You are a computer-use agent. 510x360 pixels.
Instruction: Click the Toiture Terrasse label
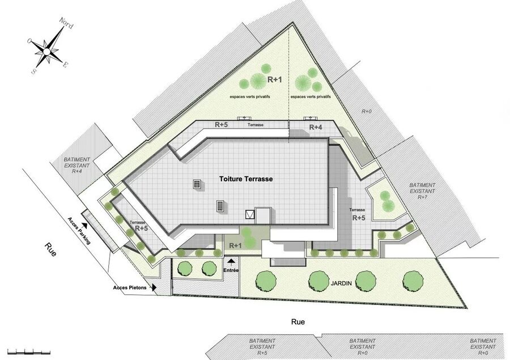[246, 179]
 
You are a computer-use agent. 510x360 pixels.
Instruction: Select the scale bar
[29, 351]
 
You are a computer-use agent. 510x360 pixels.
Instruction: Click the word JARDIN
[341, 283]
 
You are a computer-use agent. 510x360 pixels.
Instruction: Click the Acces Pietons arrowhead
[154, 288]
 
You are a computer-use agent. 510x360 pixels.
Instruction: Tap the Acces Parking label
[79, 230]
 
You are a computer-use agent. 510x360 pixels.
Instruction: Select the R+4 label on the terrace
[316, 127]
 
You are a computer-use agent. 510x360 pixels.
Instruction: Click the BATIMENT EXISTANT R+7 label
[422, 191]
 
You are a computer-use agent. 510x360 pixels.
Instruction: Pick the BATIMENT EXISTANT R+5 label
[262, 346]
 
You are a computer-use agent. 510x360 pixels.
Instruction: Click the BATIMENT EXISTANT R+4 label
[76, 166]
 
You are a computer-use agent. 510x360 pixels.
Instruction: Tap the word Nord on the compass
[66, 23]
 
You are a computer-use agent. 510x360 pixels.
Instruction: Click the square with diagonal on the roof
[250, 214]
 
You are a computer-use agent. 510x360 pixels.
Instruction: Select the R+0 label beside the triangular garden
[367, 111]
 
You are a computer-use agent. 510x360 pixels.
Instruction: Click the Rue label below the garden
[298, 322]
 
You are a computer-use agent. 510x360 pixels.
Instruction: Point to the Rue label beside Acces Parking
[50, 249]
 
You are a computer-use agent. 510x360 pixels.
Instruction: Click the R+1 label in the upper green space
[275, 79]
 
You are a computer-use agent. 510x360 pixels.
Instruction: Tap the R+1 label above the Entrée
[236, 245]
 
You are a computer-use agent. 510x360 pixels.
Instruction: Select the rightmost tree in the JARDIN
[413, 280]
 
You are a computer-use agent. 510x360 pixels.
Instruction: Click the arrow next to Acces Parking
[84, 225]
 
